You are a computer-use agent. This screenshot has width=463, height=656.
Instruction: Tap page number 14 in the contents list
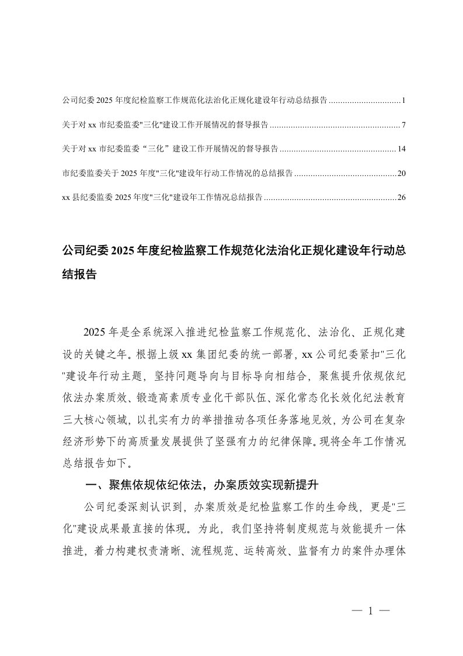(x=401, y=149)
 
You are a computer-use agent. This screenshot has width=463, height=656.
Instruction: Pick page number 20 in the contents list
(x=401, y=173)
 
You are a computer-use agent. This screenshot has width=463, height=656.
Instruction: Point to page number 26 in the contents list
(x=401, y=198)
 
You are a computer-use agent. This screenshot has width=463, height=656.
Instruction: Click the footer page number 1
(x=371, y=612)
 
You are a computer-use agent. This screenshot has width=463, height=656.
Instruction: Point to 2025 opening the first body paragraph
(x=95, y=333)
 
